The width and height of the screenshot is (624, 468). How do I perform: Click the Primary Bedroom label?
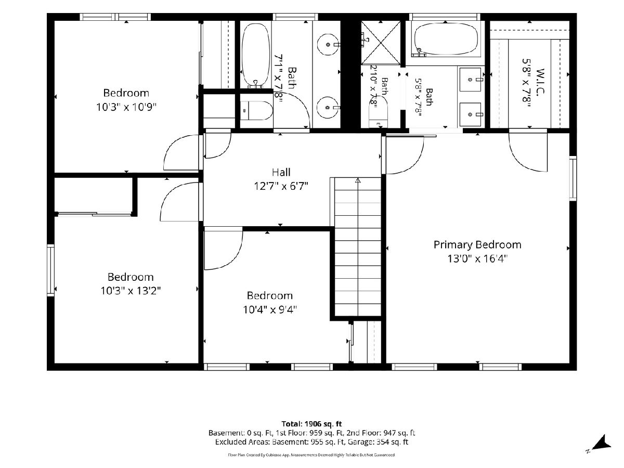coord(477,244)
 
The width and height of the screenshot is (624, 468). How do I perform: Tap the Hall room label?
coord(281,172)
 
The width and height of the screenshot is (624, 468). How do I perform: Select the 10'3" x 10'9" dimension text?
coord(126,107)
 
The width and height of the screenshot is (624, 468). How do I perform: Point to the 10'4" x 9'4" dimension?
coord(270,309)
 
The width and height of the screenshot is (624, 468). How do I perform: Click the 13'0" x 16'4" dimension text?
coord(477,259)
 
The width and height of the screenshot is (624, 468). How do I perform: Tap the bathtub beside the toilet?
coord(255,56)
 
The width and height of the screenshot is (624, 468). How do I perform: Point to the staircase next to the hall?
coord(358,247)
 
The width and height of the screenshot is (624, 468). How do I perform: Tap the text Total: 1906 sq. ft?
coord(311,424)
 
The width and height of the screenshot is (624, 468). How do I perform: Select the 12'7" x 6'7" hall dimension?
coord(281,186)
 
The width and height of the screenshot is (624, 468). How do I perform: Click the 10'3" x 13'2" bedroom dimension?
coord(131,291)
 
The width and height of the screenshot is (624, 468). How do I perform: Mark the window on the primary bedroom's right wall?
coord(573,178)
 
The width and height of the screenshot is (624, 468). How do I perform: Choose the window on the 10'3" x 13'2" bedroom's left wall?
coord(50,270)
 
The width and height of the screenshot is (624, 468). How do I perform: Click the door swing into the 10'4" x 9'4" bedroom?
coord(224,249)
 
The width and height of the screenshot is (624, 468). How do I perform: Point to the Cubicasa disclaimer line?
coord(311,455)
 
